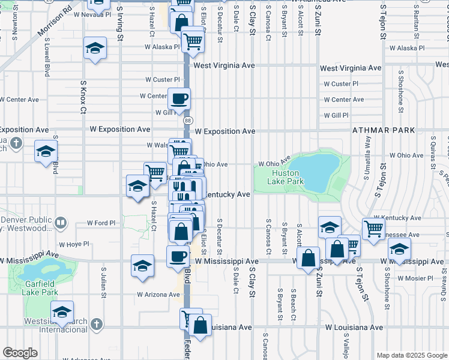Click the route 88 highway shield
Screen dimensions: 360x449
click(x=188, y=121)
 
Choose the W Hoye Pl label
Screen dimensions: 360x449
click(x=74, y=244)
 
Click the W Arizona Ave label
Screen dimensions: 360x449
click(x=158, y=295)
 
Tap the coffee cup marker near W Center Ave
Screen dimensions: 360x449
click(x=178, y=98)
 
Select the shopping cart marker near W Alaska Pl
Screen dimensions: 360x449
click(x=193, y=41)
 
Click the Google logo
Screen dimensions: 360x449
click(x=20, y=353)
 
